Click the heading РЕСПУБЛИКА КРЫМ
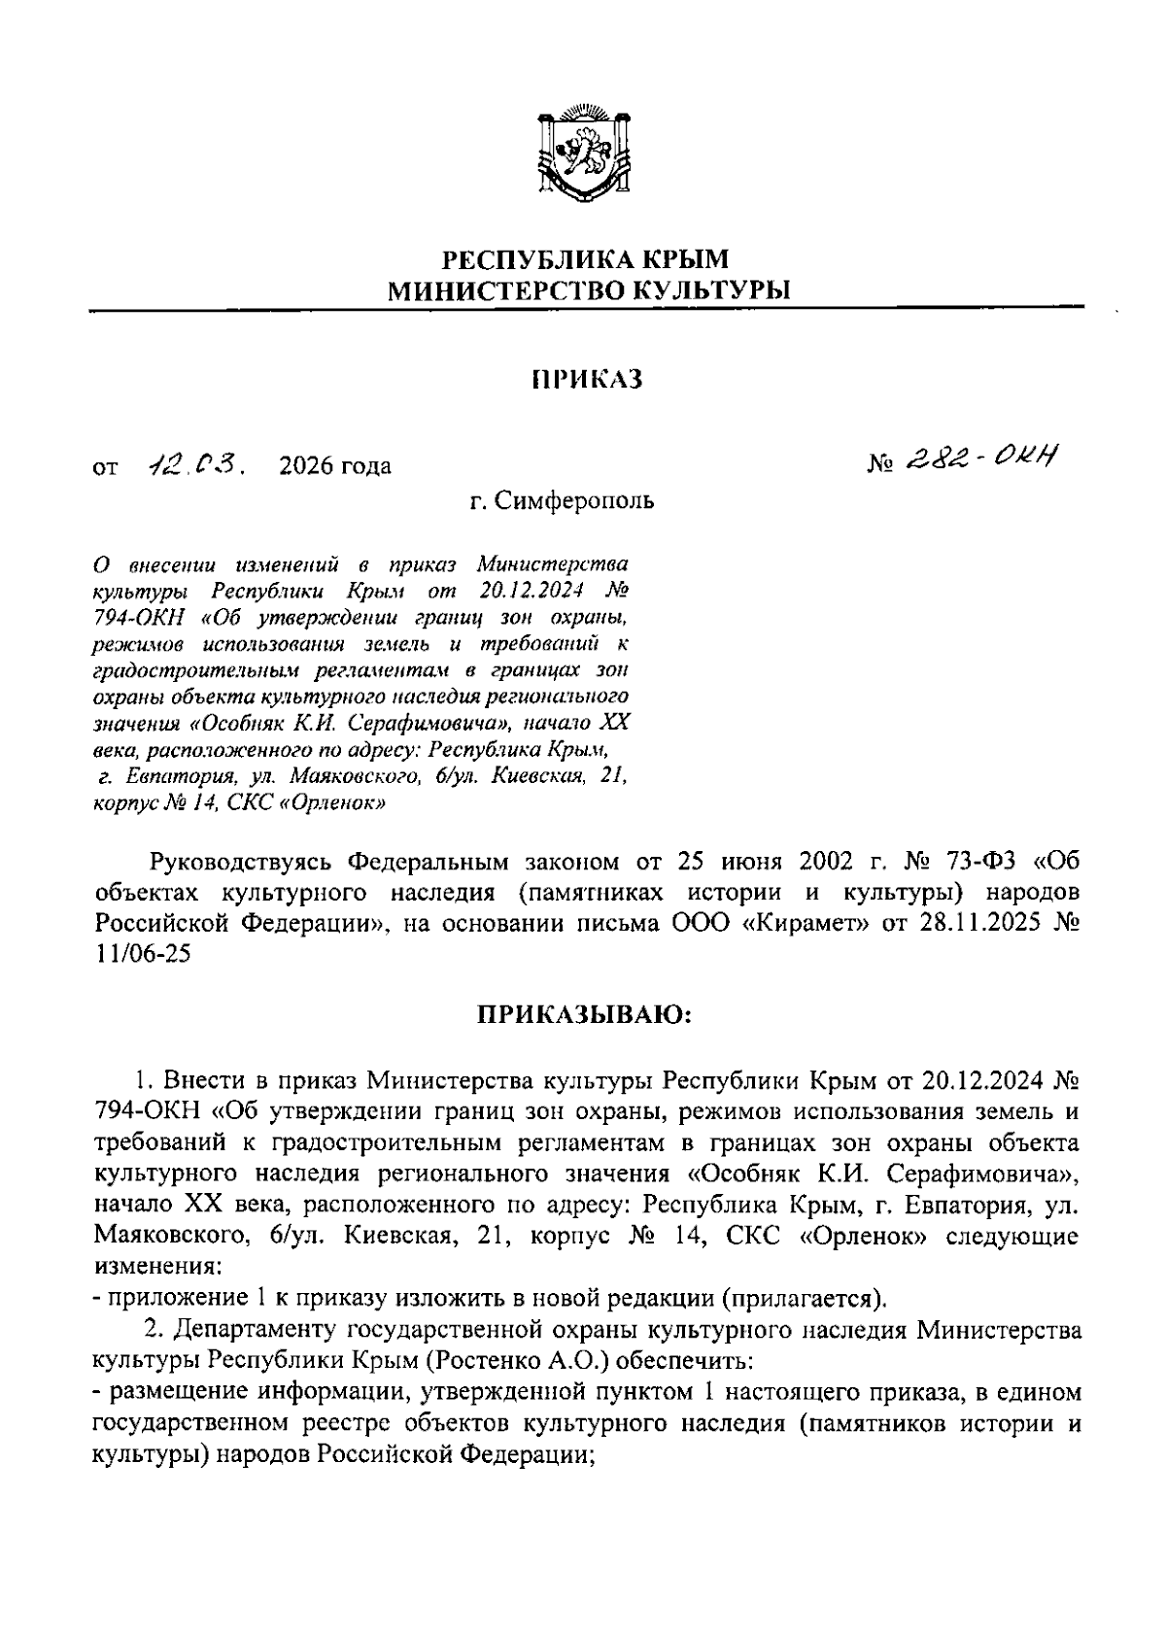click(x=584, y=258)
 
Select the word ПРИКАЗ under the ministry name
click(x=588, y=380)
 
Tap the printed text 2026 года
click(x=334, y=466)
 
